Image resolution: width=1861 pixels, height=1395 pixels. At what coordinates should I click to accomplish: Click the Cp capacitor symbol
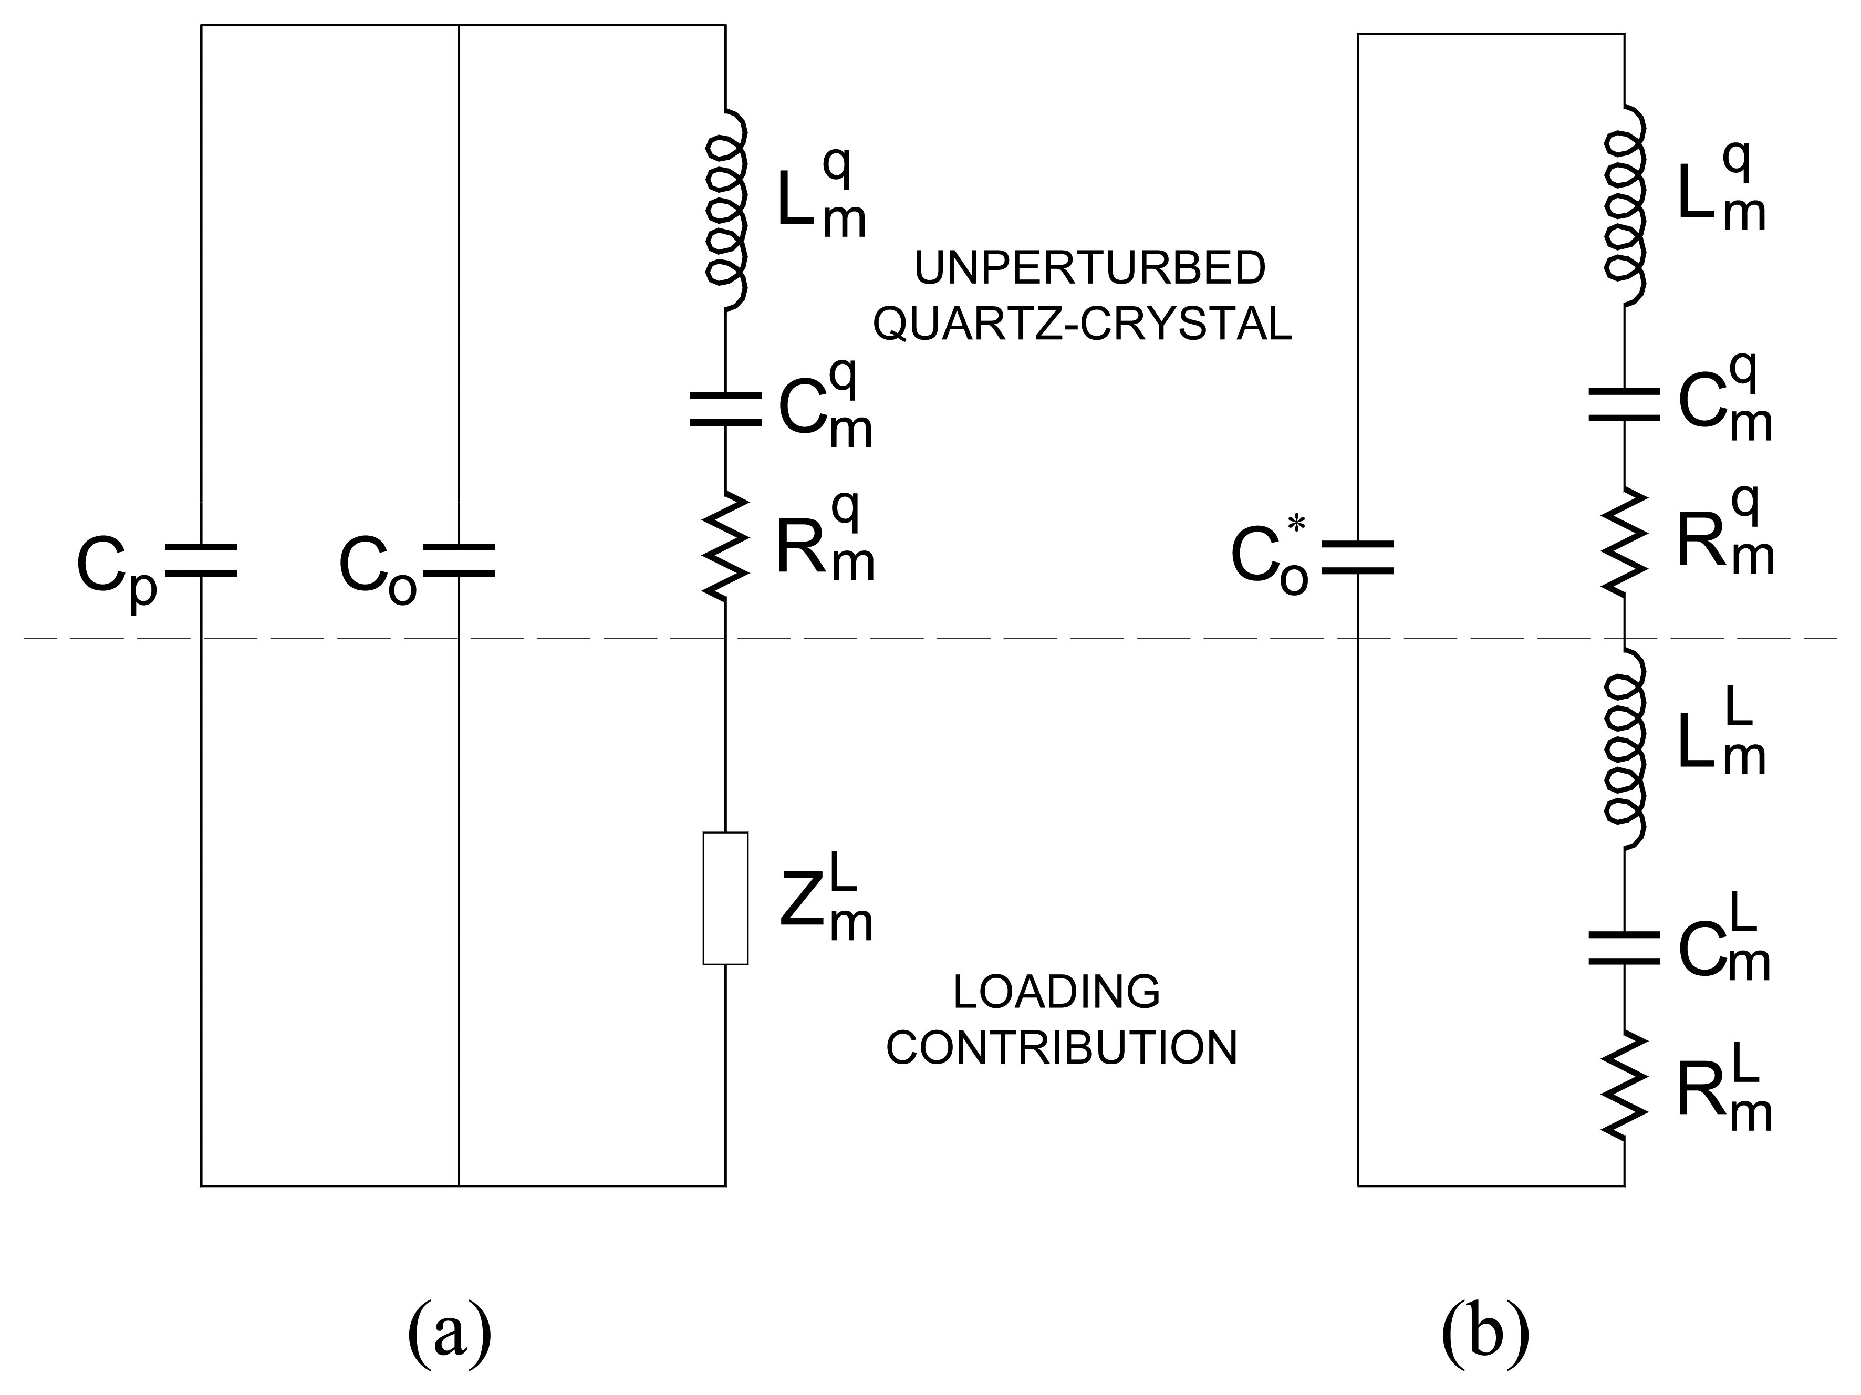tap(201, 560)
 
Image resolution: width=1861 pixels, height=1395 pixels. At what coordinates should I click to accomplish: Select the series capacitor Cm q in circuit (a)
tap(725, 408)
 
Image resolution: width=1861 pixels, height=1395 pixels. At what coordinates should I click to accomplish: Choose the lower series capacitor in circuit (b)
tap(1624, 948)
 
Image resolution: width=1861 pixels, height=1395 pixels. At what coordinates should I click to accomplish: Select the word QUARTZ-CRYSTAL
tap(1082, 325)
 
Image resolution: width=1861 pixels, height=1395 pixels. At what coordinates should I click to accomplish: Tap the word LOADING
tap(1057, 993)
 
